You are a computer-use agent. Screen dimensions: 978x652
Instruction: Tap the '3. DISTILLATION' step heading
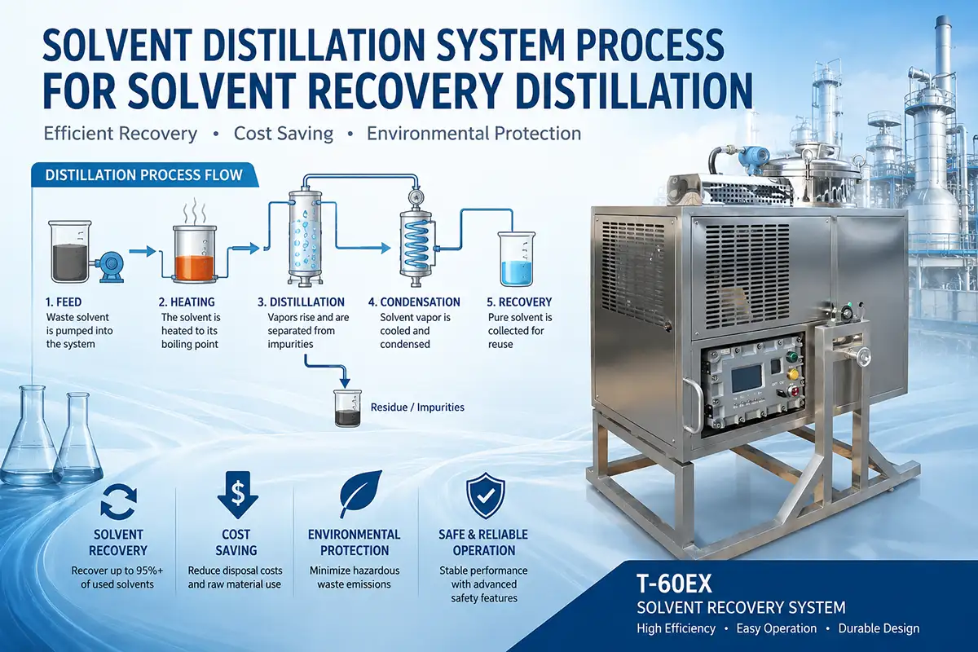[x=301, y=302]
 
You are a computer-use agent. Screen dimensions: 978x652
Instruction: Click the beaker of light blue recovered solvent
[x=516, y=259]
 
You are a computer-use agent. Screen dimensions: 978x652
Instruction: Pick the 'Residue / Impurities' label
[x=417, y=407]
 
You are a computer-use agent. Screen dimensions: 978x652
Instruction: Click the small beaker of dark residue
[x=347, y=408]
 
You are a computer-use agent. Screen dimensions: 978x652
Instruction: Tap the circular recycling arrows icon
[x=118, y=502]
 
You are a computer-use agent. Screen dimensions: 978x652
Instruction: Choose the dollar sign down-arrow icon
[x=237, y=495]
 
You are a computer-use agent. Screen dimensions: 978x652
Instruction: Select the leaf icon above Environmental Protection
[x=360, y=493]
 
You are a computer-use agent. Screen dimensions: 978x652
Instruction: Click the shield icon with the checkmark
[x=485, y=496]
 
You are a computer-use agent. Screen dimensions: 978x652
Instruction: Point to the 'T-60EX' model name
[x=674, y=584]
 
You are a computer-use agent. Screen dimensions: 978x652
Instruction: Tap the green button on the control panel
[x=791, y=357]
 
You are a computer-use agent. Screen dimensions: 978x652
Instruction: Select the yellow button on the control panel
[x=793, y=374]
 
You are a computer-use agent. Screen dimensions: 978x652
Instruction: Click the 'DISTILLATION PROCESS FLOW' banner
[x=144, y=175]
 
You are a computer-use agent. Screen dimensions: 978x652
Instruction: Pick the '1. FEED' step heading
[x=64, y=302]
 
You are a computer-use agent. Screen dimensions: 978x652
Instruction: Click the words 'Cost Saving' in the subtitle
[x=284, y=133]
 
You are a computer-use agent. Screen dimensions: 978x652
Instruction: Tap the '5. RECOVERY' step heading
[x=519, y=302]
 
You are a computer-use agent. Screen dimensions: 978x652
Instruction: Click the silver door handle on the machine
[x=692, y=406]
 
